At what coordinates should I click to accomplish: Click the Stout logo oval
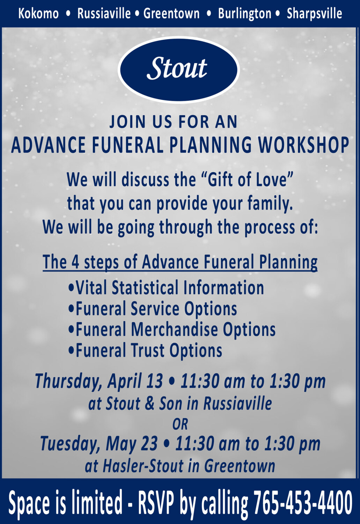click(179, 69)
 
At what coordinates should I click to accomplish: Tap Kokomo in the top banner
click(38, 14)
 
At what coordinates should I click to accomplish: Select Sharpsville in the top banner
click(314, 14)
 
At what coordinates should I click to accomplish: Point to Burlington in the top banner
click(244, 14)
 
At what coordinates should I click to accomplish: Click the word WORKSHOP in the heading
click(303, 145)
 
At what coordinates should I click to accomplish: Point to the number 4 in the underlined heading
click(75, 262)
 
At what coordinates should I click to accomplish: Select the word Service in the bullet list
click(155, 309)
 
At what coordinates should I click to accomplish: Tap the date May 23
click(132, 444)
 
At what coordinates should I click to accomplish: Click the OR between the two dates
click(180, 424)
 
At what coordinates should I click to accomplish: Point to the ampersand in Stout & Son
click(149, 404)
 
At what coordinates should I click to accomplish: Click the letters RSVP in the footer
click(156, 502)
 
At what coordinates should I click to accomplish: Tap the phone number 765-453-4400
click(302, 502)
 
